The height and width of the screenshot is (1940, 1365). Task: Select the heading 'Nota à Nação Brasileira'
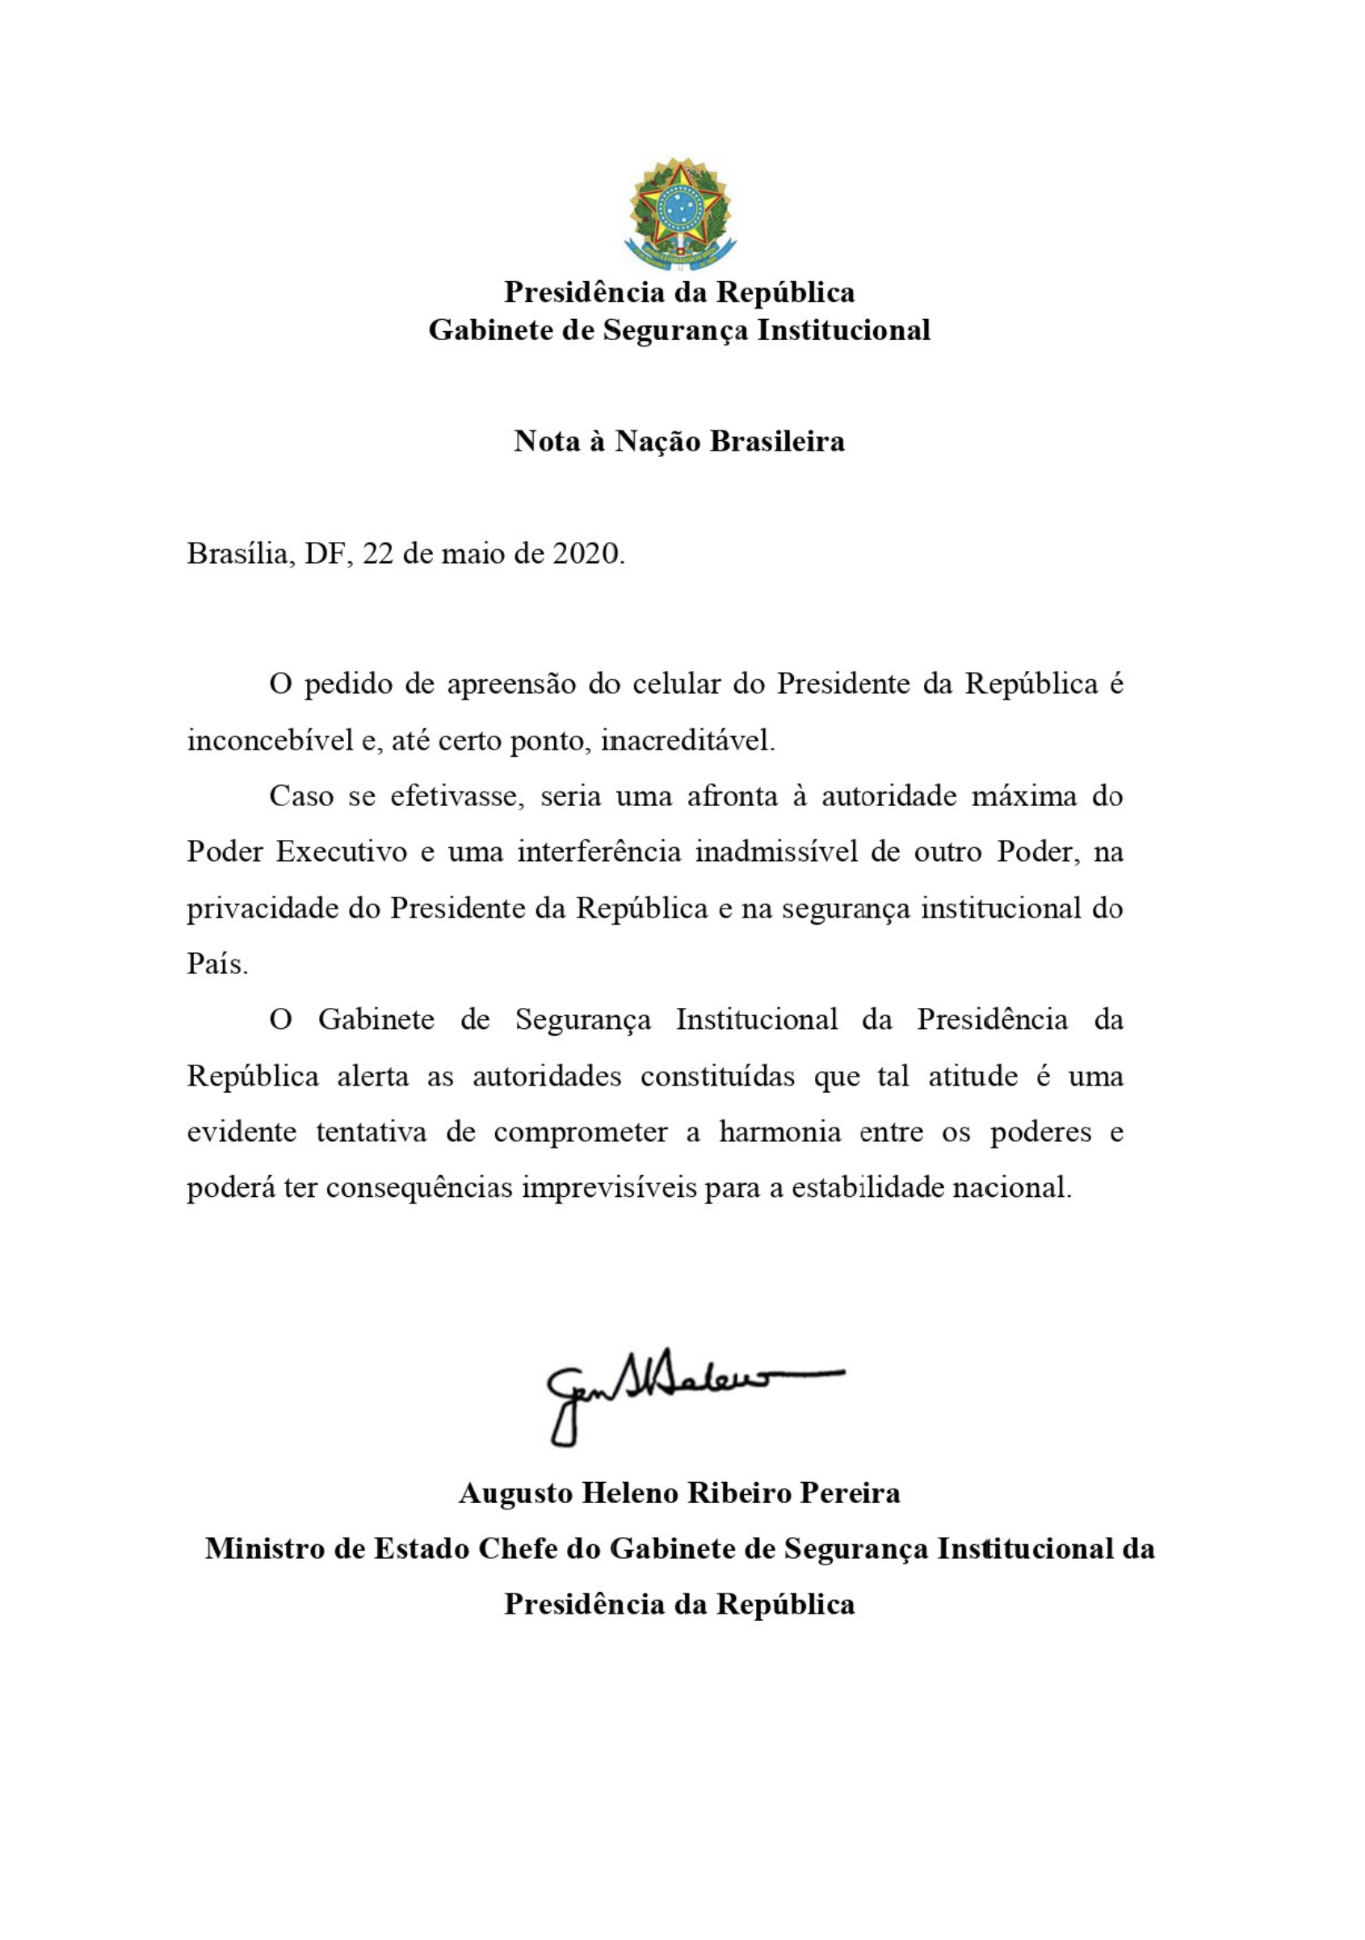coord(678,441)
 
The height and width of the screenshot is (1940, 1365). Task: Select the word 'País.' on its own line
coord(217,964)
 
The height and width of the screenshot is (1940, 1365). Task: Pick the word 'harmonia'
coord(780,1132)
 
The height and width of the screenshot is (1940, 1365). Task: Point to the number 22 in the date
coord(378,554)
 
